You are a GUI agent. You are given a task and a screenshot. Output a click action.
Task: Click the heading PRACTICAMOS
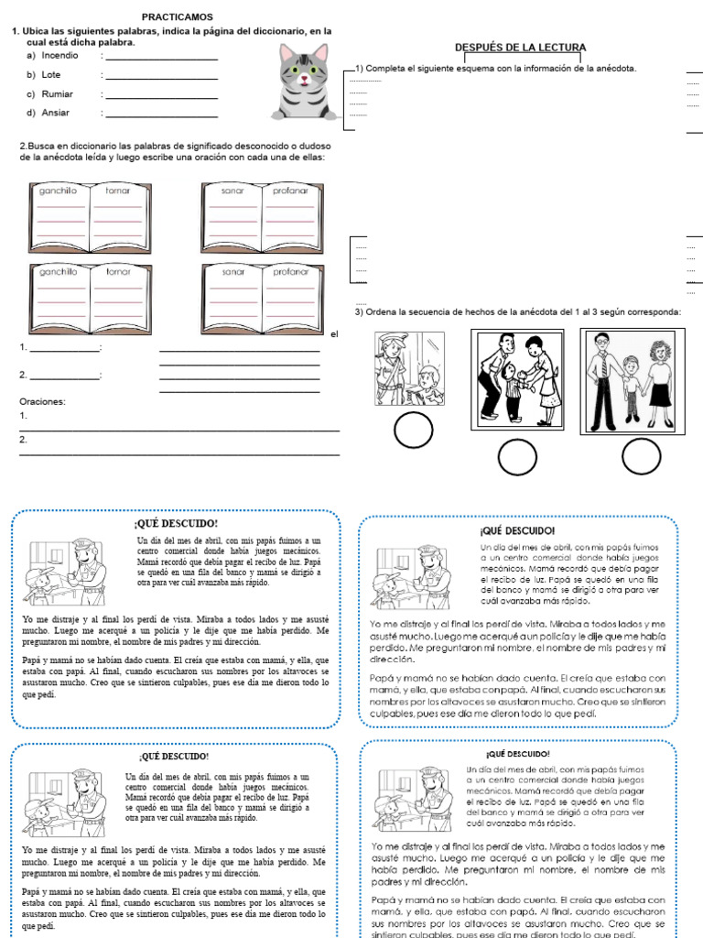click(177, 16)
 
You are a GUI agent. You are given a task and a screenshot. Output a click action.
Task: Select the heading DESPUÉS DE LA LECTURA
click(521, 48)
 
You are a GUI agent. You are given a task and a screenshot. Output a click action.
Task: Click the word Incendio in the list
click(61, 56)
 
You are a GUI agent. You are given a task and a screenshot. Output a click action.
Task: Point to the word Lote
click(52, 75)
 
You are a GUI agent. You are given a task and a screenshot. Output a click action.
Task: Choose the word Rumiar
click(58, 94)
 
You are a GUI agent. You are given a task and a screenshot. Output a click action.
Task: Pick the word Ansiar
click(56, 114)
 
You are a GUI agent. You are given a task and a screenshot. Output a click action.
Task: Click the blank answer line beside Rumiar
click(161, 97)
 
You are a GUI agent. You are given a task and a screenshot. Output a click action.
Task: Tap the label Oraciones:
click(42, 401)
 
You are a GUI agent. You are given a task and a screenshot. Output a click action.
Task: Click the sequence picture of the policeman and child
click(409, 369)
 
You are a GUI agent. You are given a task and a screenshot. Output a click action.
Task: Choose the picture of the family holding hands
click(630, 378)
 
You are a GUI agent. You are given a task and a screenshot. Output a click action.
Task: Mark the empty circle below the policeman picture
click(413, 431)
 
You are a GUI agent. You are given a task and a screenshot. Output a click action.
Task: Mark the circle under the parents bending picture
click(518, 455)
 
